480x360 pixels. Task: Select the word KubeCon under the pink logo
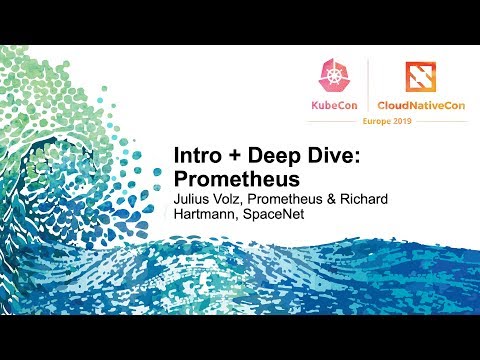tap(333, 103)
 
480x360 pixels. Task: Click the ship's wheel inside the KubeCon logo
tap(334, 76)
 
